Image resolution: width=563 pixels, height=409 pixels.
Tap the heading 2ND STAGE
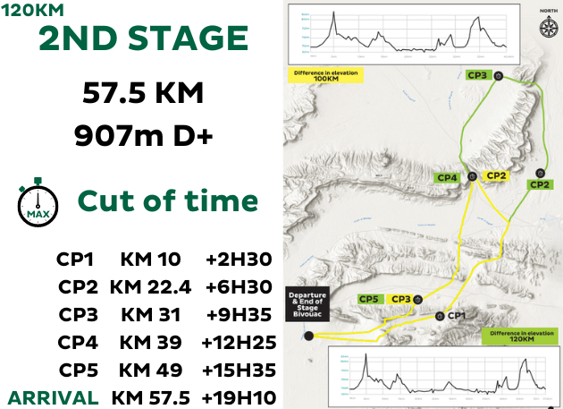143,40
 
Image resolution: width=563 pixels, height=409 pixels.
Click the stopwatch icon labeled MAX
38,200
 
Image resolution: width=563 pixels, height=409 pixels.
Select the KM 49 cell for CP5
150,370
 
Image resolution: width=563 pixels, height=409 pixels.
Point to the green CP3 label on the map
477,75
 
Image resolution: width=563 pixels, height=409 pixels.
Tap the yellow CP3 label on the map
402,299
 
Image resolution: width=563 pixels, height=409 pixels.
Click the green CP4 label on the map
448,178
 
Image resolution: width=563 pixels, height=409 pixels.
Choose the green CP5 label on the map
369,299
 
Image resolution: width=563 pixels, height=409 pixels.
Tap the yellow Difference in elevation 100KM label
324,75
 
